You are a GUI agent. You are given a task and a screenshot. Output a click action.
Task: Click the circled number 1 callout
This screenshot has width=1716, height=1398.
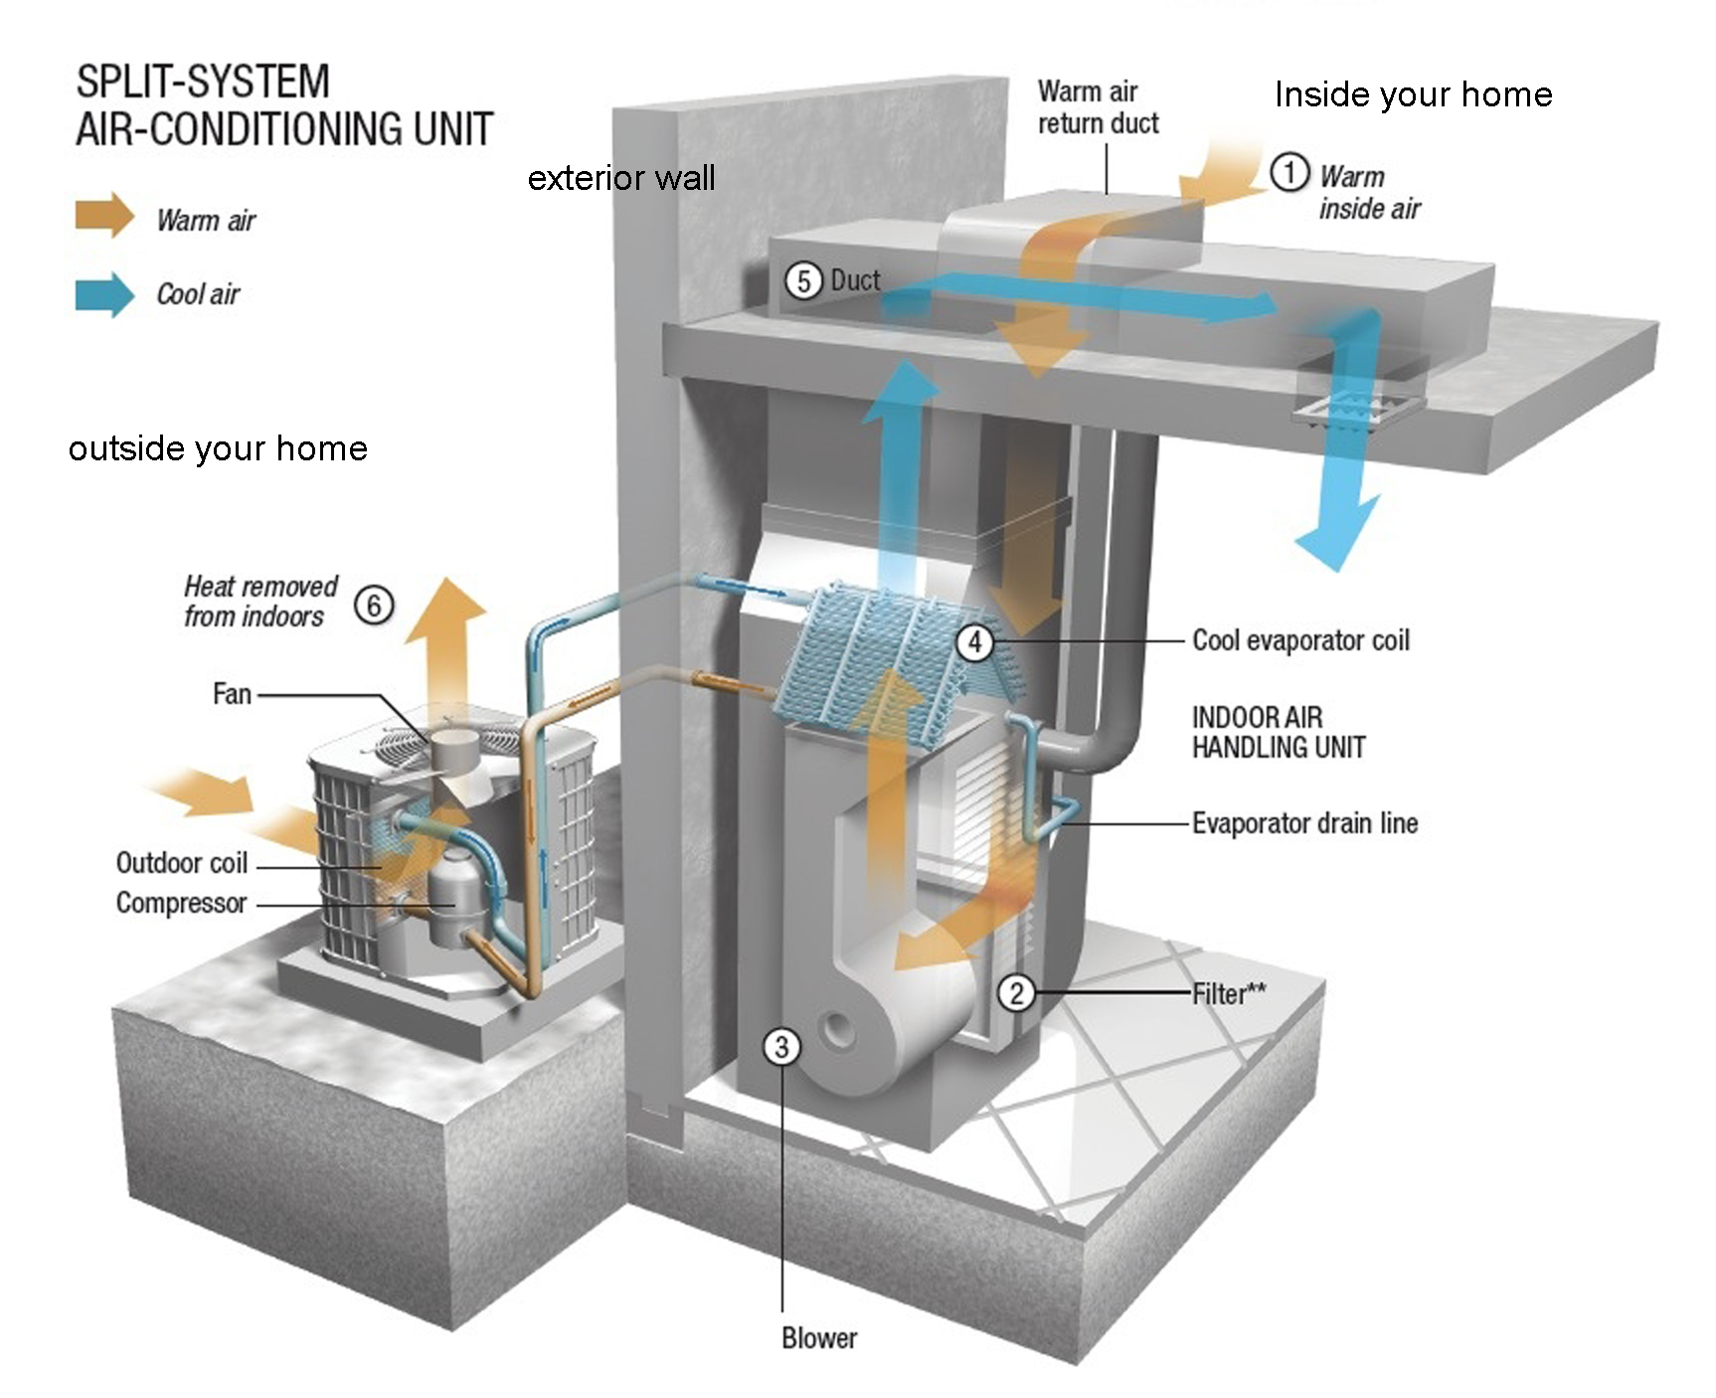pos(1289,173)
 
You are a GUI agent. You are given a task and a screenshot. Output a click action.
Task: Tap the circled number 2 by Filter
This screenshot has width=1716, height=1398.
pos(1016,992)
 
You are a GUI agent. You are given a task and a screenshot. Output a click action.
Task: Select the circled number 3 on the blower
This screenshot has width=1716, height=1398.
pos(781,1046)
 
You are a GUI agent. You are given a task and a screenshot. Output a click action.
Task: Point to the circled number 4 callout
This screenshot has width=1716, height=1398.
pos(974,642)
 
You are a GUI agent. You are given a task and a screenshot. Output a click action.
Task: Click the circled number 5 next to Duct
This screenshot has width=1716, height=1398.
pos(803,281)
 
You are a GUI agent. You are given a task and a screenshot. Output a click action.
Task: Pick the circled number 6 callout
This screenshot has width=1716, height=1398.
pos(374,605)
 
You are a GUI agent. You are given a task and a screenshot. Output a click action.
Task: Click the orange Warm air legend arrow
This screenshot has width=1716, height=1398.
pos(104,215)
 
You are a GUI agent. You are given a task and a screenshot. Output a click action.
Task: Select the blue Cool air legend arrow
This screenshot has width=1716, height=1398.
pos(104,294)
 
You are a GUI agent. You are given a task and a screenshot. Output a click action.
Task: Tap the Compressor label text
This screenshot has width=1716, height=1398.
pos(181,903)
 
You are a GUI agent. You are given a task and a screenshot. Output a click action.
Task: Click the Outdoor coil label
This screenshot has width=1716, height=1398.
pos(181,862)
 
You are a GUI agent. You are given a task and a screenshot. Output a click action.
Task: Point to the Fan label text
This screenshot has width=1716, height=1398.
pos(232,693)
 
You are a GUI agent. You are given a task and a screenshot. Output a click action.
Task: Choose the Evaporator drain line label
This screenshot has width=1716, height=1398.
pos(1304,823)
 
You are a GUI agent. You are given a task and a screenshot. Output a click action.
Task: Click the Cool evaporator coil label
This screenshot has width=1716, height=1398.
pos(1300,640)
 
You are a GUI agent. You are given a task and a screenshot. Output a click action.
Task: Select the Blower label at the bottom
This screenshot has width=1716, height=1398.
pos(819,1338)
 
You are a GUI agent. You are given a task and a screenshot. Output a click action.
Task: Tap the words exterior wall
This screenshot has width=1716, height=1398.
pos(621,178)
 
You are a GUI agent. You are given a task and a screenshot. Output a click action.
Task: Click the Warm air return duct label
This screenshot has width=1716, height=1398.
pos(1098,107)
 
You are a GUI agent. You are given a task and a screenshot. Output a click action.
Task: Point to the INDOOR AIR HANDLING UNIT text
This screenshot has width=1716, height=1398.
pos(1278,732)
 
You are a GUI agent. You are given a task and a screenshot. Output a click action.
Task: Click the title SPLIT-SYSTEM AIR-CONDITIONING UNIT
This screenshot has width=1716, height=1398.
pos(284,105)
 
